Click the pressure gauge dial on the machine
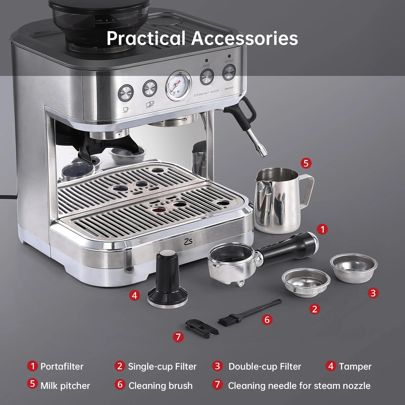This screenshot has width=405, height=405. (x=178, y=85)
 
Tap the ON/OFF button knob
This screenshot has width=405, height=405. (x=229, y=72)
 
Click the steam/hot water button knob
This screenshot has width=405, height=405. (x=207, y=76)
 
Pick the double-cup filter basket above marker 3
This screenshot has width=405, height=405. (x=353, y=268)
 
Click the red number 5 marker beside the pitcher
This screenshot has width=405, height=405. (x=306, y=163)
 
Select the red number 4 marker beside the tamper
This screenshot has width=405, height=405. (x=134, y=295)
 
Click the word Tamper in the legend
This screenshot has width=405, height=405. (x=355, y=367)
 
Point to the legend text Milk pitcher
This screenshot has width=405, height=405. (x=65, y=386)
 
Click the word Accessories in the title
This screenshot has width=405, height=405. (x=244, y=38)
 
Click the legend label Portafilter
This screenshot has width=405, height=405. (x=62, y=367)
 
